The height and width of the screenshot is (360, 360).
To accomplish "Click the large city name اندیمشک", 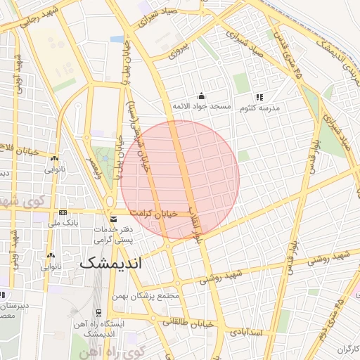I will (111, 263).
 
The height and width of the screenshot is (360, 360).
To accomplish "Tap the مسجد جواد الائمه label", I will (202, 106).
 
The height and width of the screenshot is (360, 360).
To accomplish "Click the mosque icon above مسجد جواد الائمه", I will (202, 96).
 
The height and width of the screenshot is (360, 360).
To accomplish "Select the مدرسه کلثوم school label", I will (259, 108).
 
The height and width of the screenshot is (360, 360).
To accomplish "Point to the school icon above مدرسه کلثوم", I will (259, 97).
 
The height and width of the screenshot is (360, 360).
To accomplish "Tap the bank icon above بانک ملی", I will (63, 212).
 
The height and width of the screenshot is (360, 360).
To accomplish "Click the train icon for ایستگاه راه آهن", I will (98, 313).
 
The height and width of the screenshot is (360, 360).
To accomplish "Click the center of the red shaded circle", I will (180, 180).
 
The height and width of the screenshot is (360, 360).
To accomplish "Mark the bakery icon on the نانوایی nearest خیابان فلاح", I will (55, 158).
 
